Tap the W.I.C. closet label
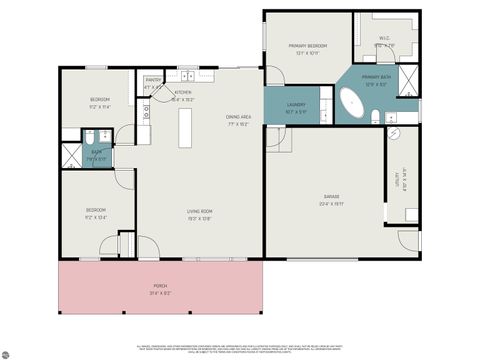(x=385, y=43)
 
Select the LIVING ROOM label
(x=199, y=213)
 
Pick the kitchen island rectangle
(x=184, y=126)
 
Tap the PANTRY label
(x=153, y=83)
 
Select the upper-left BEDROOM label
(x=99, y=101)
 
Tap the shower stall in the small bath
(x=74, y=154)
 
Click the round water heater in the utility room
(x=409, y=212)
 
